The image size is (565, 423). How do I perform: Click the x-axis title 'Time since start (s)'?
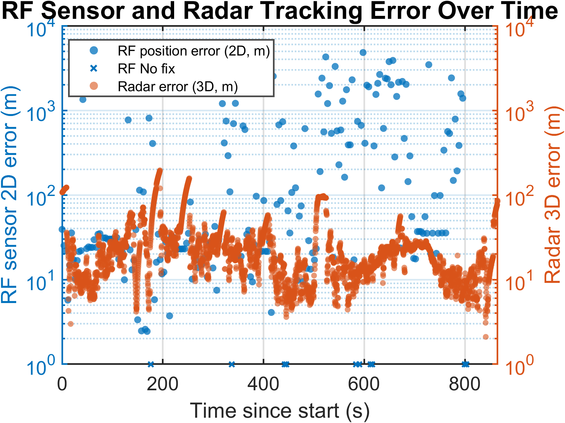tap(280, 410)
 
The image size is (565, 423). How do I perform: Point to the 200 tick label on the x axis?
tap(163, 384)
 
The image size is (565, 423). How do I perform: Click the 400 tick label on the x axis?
tap(263, 384)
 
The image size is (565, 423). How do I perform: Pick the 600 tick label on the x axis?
tap(364, 384)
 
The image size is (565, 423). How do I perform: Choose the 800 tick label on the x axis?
tap(465, 384)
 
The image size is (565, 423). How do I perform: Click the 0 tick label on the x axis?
tap(62, 384)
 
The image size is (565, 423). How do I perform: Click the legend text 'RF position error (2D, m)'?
tap(194, 51)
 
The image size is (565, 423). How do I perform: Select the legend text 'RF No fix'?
tap(146, 69)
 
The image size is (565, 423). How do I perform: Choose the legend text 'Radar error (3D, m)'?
tap(178, 87)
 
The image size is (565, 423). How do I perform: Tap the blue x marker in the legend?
tap(94, 69)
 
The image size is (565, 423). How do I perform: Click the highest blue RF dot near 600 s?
tap(363, 53)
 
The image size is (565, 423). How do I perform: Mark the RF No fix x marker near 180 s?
tap(151, 365)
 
